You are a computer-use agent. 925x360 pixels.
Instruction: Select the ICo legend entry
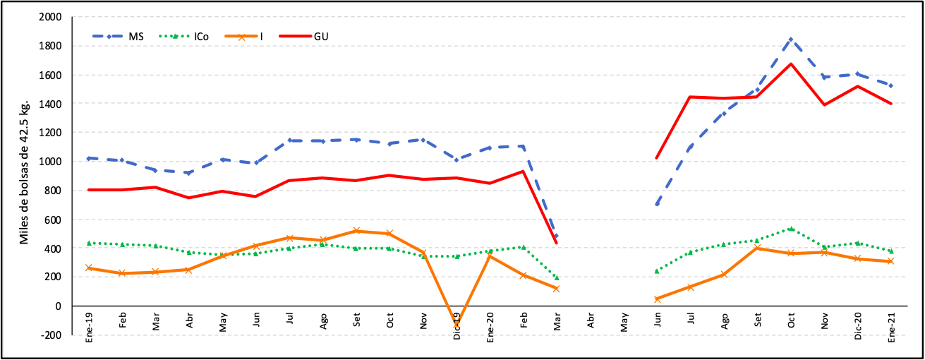click(200, 37)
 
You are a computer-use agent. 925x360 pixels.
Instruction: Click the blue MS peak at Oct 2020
click(791, 39)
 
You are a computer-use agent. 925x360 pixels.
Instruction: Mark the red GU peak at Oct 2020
click(791, 64)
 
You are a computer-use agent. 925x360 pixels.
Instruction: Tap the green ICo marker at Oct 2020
click(791, 229)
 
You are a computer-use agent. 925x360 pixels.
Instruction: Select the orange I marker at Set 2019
click(356, 231)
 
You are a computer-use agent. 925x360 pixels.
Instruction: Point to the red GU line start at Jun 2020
click(657, 158)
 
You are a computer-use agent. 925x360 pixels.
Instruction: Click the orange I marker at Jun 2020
click(657, 299)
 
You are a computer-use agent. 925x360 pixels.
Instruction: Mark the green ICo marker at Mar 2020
click(557, 278)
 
